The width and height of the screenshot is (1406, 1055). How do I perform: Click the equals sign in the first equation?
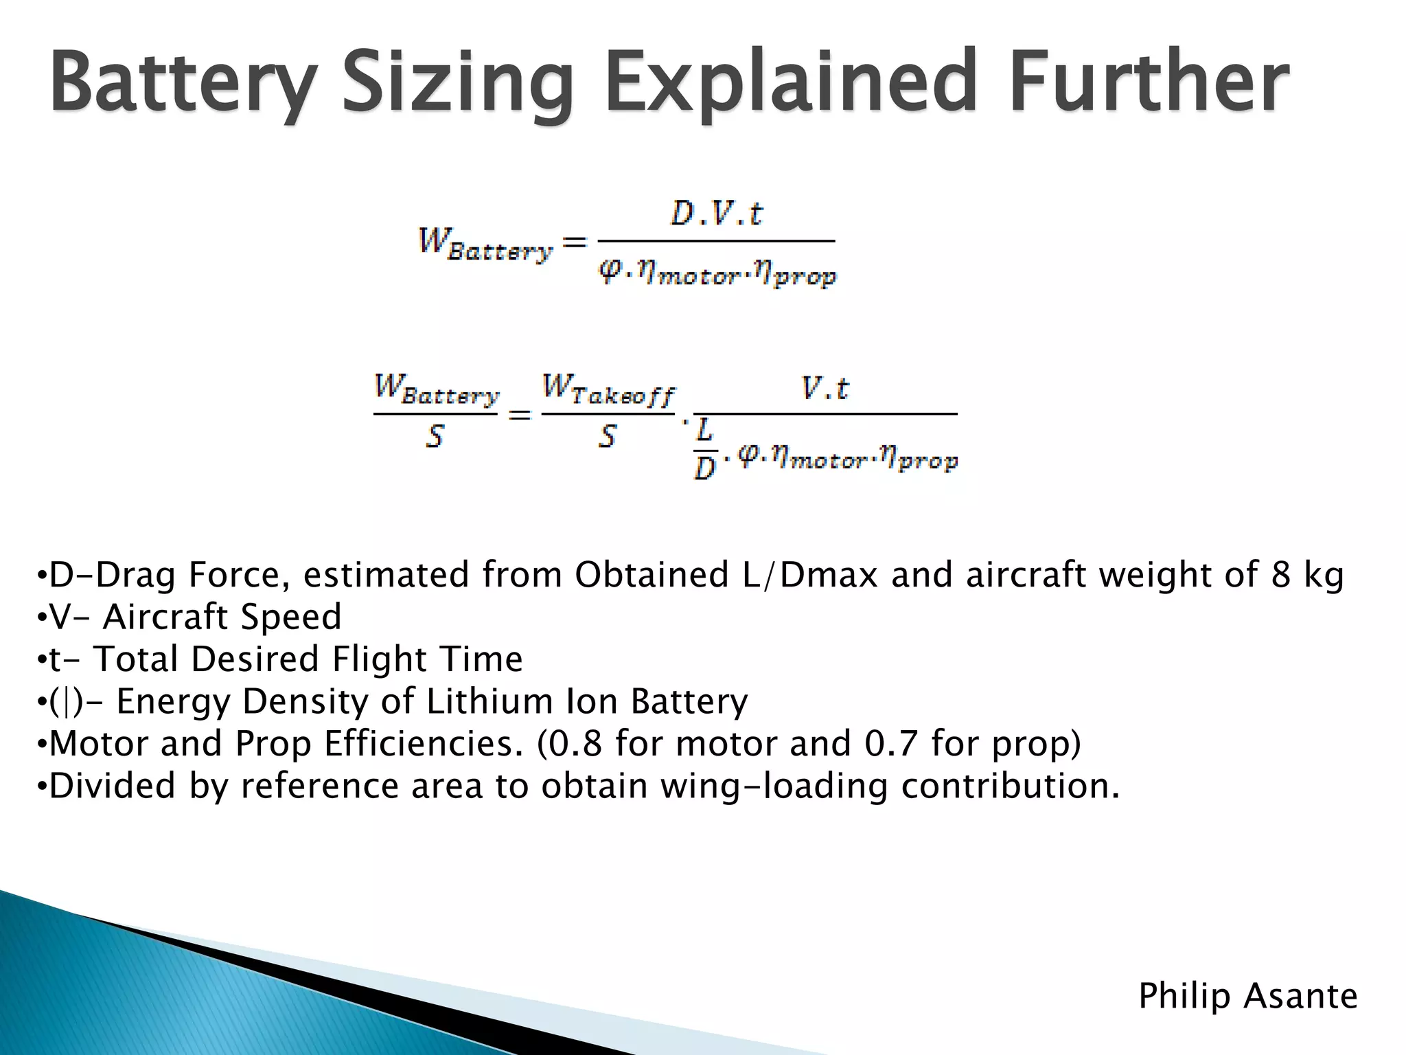coord(575,242)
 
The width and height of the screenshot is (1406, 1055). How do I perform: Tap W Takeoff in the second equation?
coord(608,390)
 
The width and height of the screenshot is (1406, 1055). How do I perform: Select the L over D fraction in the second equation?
coord(704,449)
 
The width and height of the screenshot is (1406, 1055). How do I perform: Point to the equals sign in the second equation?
coord(520,415)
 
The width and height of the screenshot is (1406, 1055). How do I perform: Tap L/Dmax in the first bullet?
coord(809,575)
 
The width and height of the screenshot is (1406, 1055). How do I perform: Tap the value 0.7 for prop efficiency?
coord(890,744)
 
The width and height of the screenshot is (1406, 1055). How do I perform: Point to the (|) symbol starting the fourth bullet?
coord(66,702)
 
